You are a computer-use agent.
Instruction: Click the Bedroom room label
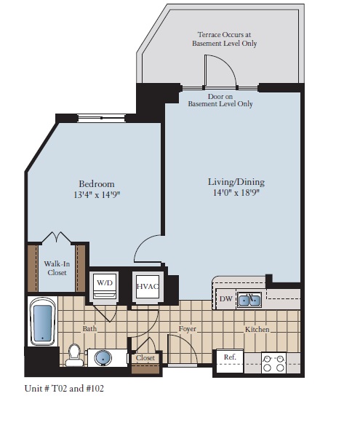[x=97, y=183]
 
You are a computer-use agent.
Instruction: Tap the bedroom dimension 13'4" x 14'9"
[x=97, y=195]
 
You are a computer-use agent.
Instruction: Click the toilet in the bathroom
[x=73, y=354]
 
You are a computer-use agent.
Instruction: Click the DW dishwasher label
[x=225, y=298]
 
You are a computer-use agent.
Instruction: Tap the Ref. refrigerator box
[x=229, y=357]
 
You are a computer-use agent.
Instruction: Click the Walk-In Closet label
[x=57, y=269]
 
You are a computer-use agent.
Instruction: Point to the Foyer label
[x=188, y=330]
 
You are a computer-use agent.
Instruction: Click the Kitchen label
[x=257, y=330]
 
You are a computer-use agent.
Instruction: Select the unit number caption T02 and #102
[x=65, y=389]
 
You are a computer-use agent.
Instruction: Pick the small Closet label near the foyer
[x=145, y=358]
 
